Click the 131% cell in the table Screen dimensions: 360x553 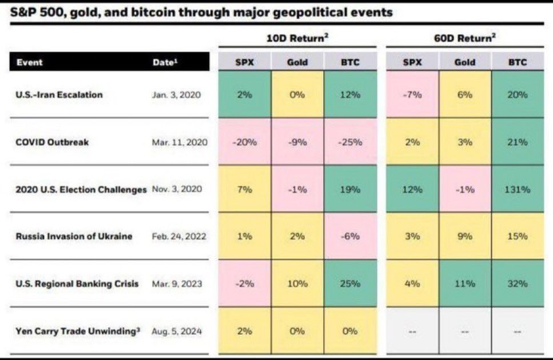tap(518, 189)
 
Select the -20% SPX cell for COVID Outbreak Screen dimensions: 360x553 tap(245, 142)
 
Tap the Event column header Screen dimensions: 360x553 tap(29, 62)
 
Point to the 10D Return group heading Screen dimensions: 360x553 tap(298, 39)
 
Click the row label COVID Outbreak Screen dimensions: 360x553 tap(52, 142)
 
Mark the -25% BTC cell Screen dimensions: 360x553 tap(350, 142)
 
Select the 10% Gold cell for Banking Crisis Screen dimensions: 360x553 tap(297, 283)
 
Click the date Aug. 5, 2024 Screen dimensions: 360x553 tap(177, 331)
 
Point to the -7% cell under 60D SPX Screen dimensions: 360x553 tap(412, 95)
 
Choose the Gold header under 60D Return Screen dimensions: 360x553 tap(464, 62)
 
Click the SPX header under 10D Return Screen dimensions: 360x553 tap(245, 62)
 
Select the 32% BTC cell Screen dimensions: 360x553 tap(518, 283)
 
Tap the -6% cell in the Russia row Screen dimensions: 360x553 tap(350, 236)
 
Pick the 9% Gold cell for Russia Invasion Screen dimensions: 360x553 tap(464, 236)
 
